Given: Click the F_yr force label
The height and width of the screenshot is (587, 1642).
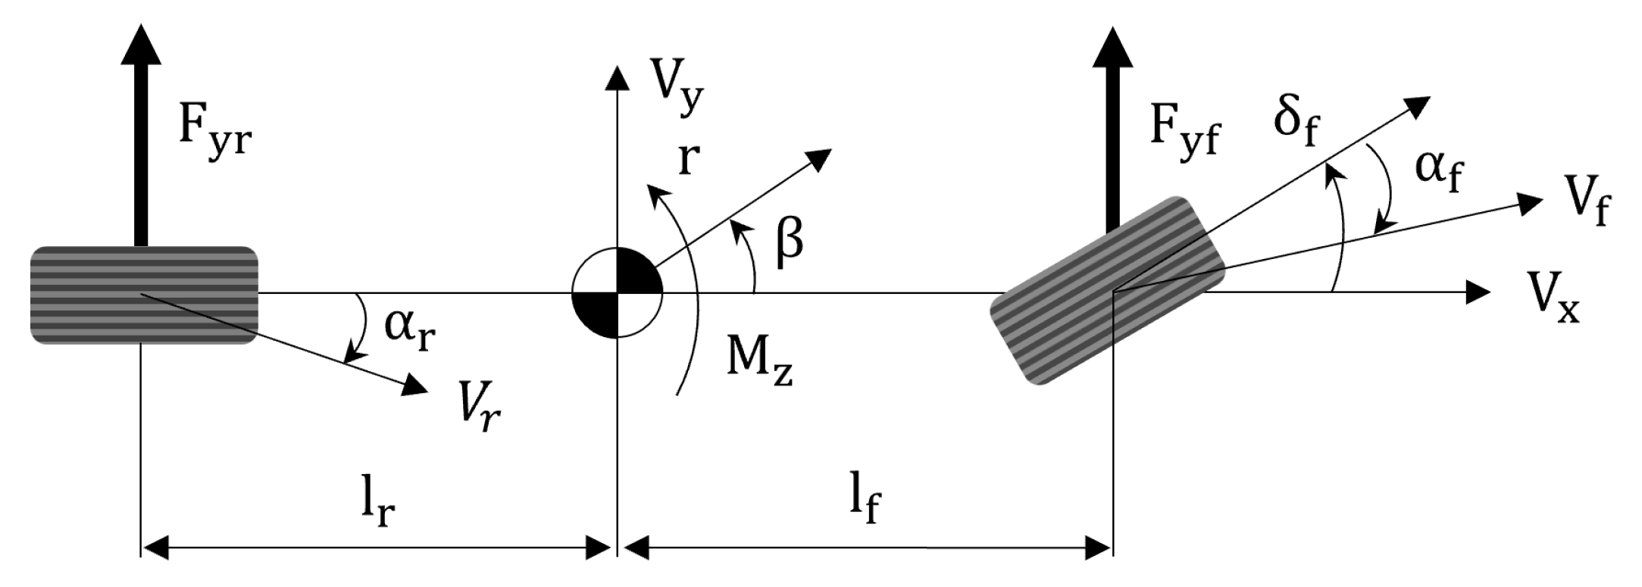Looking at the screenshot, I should (214, 129).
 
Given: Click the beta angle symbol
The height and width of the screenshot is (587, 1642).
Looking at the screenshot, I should (788, 240).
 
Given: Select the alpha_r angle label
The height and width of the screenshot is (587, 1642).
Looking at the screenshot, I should (410, 327).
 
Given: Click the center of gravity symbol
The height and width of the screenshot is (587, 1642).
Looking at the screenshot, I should (618, 292).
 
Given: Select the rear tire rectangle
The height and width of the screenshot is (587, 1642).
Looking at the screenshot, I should (144, 295).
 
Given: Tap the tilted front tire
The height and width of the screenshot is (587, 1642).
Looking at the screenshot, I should (1107, 291).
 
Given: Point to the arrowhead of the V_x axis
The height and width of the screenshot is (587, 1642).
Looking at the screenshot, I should (1478, 292).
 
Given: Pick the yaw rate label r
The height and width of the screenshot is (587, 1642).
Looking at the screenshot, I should (688, 158).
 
